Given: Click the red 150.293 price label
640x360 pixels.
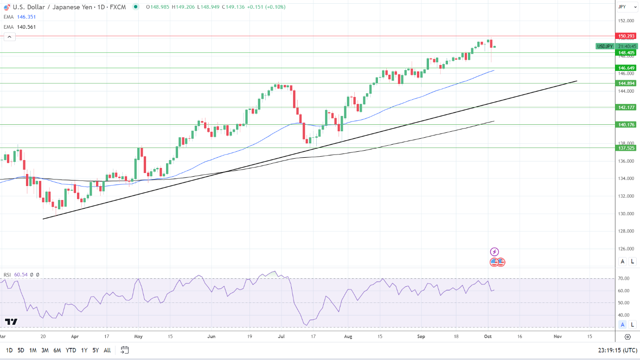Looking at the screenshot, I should (x=625, y=36).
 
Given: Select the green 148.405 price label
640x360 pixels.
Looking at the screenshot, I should (x=625, y=53).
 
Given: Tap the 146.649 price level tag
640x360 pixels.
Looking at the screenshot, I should (x=625, y=68).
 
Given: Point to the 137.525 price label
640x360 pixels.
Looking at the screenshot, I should (x=625, y=148).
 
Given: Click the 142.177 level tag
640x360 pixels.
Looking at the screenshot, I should (x=625, y=107).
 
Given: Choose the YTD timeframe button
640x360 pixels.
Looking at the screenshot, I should (x=71, y=350).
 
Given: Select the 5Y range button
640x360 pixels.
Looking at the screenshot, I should (x=95, y=350).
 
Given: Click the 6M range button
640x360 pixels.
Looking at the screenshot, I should (x=57, y=350).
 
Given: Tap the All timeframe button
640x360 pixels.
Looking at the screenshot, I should (x=107, y=350).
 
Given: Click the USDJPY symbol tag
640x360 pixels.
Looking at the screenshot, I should (x=605, y=46).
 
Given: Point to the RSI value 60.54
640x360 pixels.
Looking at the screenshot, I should (x=21, y=275).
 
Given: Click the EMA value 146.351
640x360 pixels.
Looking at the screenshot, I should (x=26, y=17).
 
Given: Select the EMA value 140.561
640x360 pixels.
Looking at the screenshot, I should (x=26, y=27).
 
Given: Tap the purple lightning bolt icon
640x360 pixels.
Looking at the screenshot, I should (x=494, y=252).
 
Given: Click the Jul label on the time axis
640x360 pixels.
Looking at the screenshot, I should (x=282, y=336).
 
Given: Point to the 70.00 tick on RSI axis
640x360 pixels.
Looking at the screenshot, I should (x=624, y=279).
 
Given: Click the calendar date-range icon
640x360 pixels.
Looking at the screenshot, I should (x=124, y=350).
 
